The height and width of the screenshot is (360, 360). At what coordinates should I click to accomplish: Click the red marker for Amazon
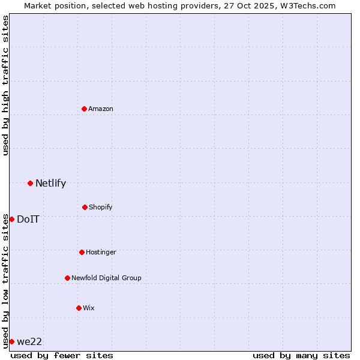click(x=84, y=109)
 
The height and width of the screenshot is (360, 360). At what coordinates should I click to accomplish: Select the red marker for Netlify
click(x=30, y=183)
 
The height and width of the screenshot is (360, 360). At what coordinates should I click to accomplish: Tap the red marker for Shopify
click(x=85, y=207)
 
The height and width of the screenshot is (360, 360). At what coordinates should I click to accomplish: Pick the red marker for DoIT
click(x=11, y=219)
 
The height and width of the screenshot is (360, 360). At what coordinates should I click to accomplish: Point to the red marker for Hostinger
click(x=82, y=252)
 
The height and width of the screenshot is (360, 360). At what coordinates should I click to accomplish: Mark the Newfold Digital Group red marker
click(x=67, y=278)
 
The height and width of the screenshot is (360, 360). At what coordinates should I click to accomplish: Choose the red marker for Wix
click(x=79, y=308)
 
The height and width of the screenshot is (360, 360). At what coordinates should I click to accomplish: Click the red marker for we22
click(x=11, y=341)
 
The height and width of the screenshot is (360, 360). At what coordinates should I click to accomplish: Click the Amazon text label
click(x=101, y=109)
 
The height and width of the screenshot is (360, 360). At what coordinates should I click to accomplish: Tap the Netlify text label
click(x=50, y=184)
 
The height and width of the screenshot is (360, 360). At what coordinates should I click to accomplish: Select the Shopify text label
click(x=101, y=207)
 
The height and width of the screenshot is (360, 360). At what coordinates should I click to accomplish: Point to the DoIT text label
click(x=28, y=219)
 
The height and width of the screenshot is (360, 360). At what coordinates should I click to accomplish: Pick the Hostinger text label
click(x=101, y=252)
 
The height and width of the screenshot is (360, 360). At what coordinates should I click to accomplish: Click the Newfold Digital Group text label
click(x=106, y=278)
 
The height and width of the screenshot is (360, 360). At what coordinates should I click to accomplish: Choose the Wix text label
click(x=89, y=308)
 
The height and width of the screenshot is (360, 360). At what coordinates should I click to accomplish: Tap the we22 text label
click(x=29, y=341)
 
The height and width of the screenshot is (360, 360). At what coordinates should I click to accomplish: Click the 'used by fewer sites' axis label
click(x=62, y=355)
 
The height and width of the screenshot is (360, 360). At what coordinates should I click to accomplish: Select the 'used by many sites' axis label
click(x=301, y=355)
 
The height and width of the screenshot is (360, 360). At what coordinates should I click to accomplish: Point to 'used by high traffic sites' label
click(x=5, y=85)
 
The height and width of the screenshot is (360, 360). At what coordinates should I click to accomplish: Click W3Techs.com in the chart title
click(x=306, y=5)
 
